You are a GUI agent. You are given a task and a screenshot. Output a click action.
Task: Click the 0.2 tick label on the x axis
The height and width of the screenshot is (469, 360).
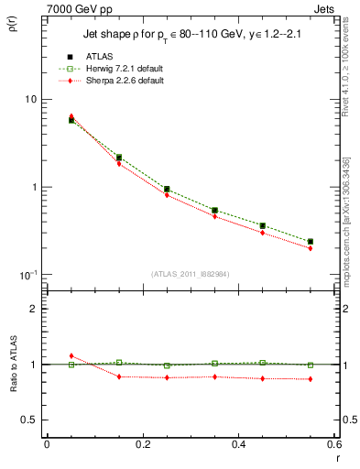[x=143, y=445]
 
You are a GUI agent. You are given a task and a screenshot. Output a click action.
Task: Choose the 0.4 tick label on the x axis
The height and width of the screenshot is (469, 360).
[x=238, y=445]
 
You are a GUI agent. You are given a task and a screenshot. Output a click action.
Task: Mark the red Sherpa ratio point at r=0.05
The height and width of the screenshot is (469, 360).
[x=71, y=355]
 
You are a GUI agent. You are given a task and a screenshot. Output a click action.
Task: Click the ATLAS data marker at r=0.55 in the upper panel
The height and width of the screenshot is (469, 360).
[x=310, y=242]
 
